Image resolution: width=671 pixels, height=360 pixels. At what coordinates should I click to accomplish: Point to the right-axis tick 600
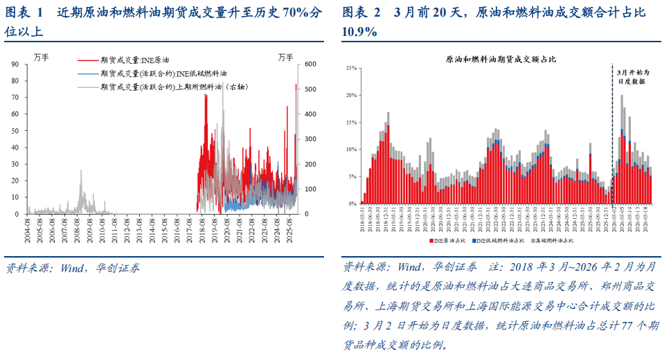tap(307, 64)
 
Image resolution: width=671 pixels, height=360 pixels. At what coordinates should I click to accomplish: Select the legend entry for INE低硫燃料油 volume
tap(163, 73)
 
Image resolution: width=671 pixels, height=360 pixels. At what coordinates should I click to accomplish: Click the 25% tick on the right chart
tap(350, 68)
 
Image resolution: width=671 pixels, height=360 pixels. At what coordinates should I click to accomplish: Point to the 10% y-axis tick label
tap(350, 150)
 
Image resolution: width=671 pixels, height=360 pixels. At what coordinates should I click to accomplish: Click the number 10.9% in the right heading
tap(360, 31)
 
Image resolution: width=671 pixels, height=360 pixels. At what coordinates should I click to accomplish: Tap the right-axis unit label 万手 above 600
tap(287, 55)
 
